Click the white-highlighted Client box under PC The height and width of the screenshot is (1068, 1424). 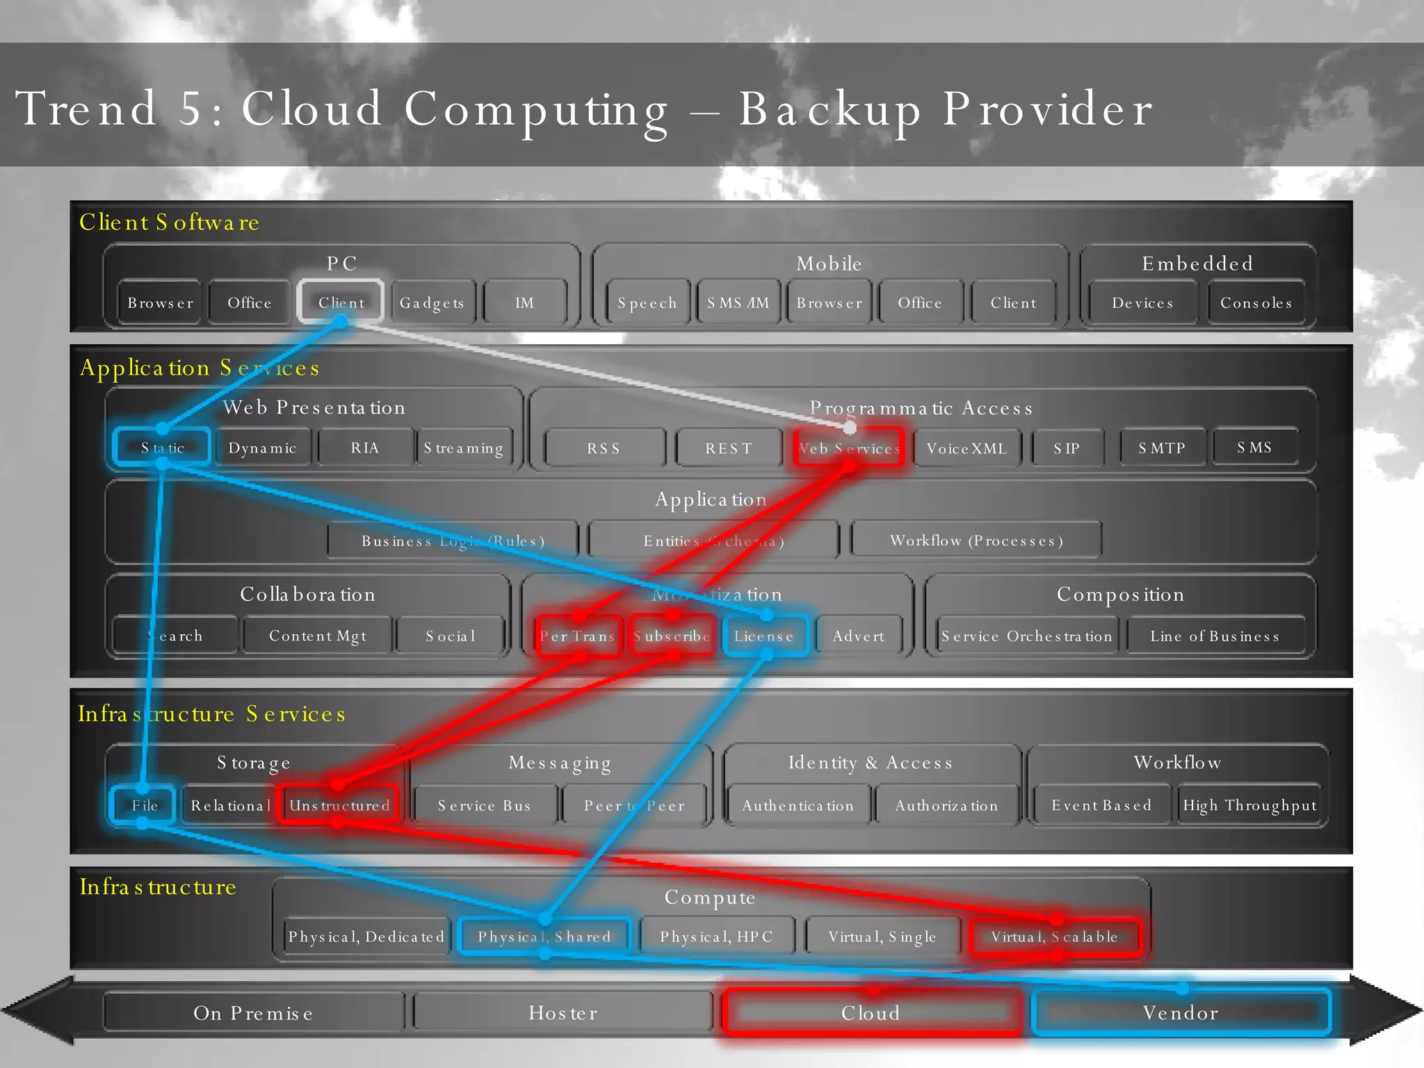pyautogui.click(x=341, y=302)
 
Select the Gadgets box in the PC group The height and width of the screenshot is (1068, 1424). pyautogui.click(x=432, y=302)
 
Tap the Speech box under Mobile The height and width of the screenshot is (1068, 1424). pyautogui.click(x=647, y=302)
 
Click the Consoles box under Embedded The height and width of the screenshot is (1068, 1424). pyautogui.click(x=1256, y=302)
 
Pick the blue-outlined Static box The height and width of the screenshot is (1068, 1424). pyautogui.click(x=162, y=447)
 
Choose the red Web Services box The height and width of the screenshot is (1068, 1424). pyautogui.click(x=848, y=448)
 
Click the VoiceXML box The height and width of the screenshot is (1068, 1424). pyautogui.click(x=966, y=448)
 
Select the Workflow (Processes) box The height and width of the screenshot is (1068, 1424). pyautogui.click(x=976, y=540)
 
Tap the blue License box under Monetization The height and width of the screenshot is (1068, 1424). pyautogui.click(x=764, y=636)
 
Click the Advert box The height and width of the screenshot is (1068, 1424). pyautogui.click(x=859, y=636)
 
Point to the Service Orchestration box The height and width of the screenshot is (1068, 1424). pyautogui.click(x=1026, y=636)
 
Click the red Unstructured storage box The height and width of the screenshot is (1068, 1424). pyautogui.click(x=339, y=805)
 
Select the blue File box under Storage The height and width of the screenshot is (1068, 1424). pyautogui.click(x=144, y=805)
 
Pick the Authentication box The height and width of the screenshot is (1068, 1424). pyautogui.click(x=798, y=805)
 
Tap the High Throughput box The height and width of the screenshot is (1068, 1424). pyautogui.click(x=1249, y=805)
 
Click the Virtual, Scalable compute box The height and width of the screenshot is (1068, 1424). pyautogui.click(x=1054, y=937)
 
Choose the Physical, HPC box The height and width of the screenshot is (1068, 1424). pyautogui.click(x=716, y=937)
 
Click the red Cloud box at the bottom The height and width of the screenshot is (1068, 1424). pyautogui.click(x=871, y=1012)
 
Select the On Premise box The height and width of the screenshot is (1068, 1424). pyautogui.click(x=253, y=1012)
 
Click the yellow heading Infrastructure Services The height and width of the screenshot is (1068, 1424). pyautogui.click(x=211, y=713)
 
